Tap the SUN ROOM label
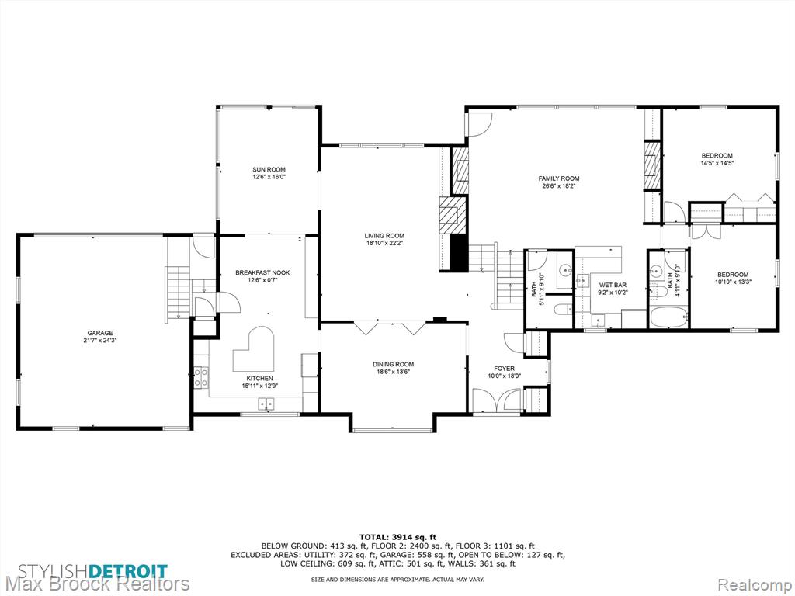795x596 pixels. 269,170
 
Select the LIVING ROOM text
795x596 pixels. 384,236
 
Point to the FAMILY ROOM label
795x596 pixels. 559,178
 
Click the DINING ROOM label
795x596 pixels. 393,364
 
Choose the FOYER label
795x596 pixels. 504,369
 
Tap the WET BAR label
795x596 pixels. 613,285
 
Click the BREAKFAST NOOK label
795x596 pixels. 262,272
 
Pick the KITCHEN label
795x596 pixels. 259,378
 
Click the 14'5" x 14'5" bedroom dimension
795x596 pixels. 717,163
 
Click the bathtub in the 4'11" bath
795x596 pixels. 668,317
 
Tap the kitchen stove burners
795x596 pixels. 201,378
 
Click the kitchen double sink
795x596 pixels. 266,404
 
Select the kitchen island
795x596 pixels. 254,350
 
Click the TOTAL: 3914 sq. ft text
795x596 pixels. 397,537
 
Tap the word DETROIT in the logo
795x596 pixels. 129,570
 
